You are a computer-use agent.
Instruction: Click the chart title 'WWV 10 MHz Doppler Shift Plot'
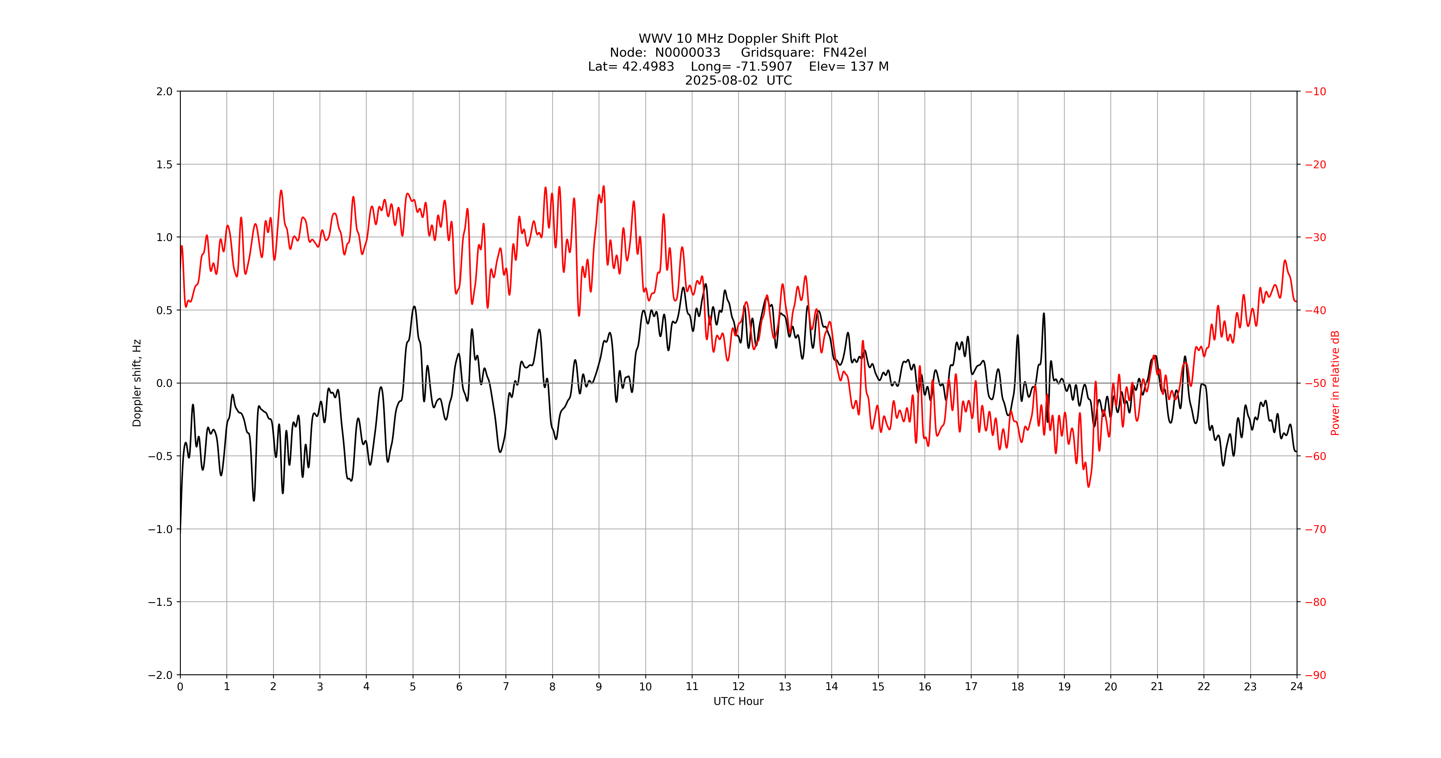click(738, 39)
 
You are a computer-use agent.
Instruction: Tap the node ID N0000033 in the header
click(687, 52)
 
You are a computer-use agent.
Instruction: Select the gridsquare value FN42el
click(844, 52)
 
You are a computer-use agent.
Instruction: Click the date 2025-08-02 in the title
click(721, 80)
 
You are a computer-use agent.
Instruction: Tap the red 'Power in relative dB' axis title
click(1335, 383)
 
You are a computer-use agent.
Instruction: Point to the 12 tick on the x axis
click(738, 686)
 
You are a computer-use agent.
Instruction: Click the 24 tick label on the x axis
click(1297, 686)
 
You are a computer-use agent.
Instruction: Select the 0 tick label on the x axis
click(180, 686)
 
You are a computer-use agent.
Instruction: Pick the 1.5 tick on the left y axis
click(164, 164)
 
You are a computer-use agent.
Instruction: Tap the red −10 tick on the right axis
click(1316, 92)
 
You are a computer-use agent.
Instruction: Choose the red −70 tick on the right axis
click(1316, 529)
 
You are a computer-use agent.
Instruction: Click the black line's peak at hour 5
click(414, 306)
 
